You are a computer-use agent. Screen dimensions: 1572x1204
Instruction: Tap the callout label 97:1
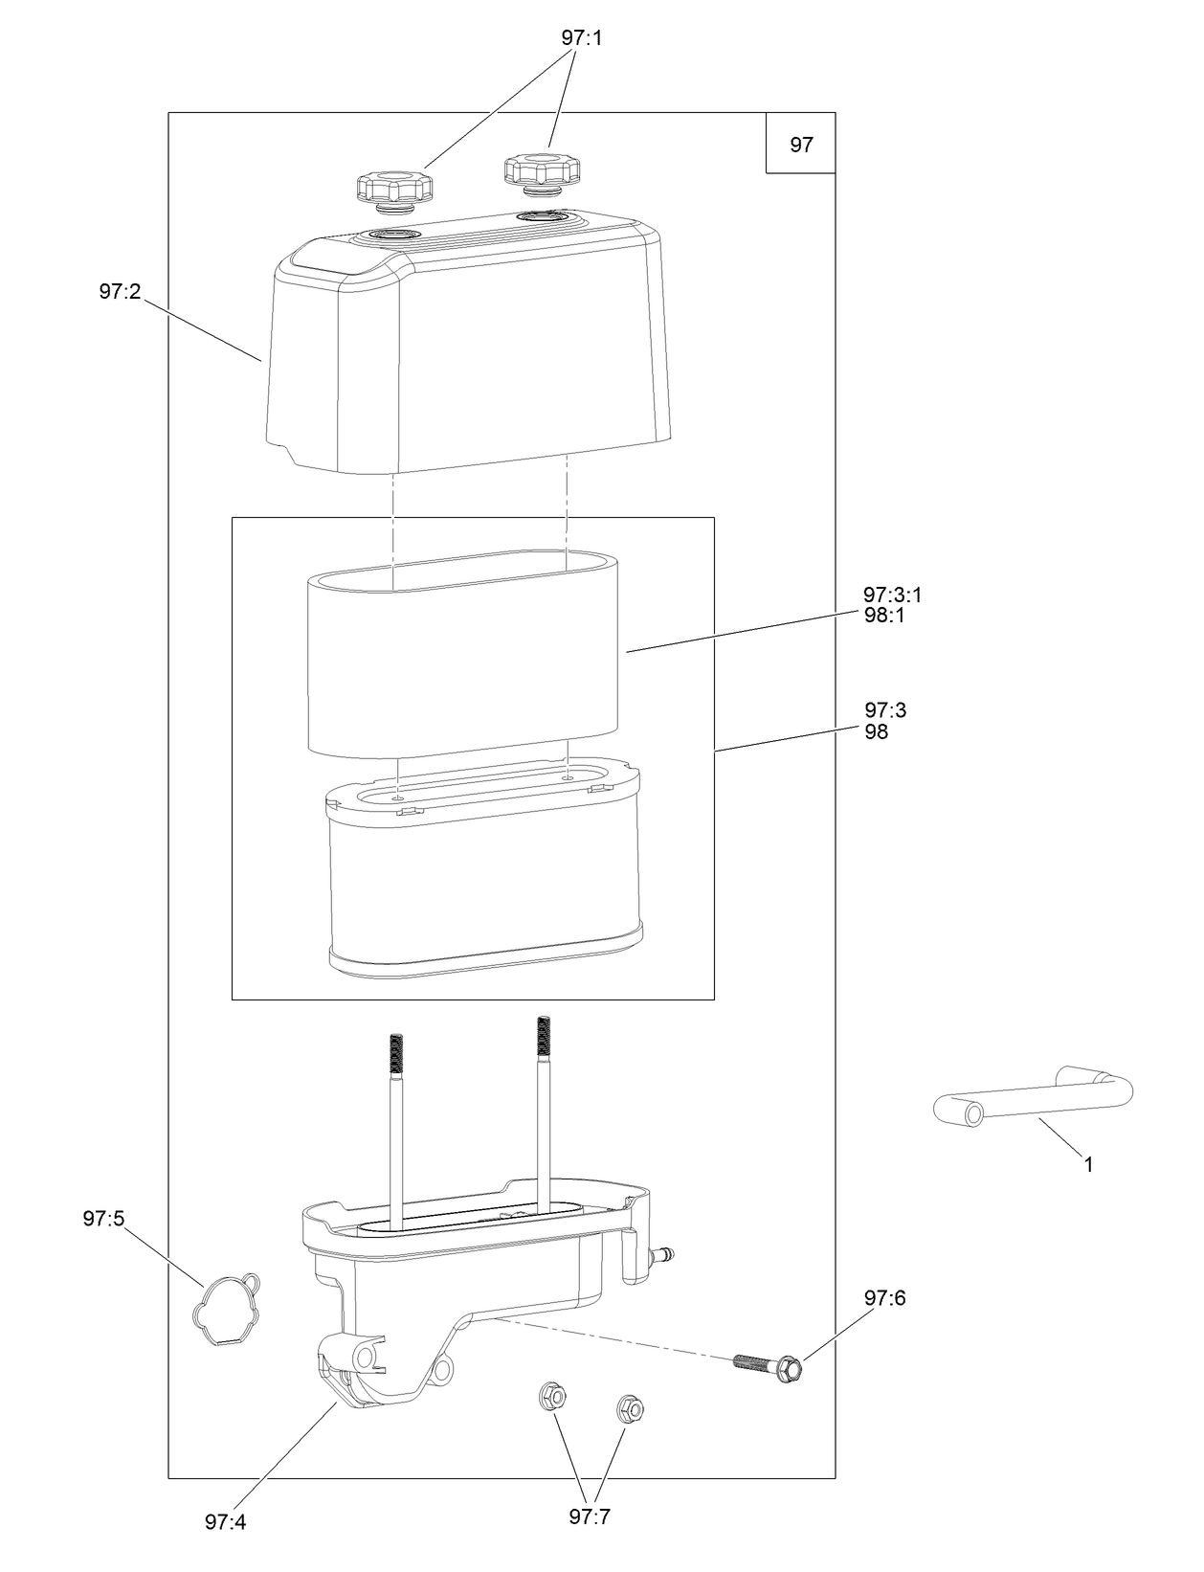[582, 38]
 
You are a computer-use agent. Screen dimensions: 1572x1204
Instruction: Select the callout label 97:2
[120, 292]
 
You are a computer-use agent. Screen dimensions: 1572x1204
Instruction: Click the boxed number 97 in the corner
[801, 145]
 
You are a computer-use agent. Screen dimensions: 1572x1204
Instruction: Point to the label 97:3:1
[892, 595]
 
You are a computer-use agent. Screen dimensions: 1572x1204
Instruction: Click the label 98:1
[884, 616]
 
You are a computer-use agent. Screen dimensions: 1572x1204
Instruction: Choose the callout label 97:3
[885, 710]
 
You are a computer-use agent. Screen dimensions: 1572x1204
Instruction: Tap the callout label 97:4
[225, 1522]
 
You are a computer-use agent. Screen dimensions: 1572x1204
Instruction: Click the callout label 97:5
[103, 1219]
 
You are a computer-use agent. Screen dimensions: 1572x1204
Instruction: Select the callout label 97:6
[884, 1298]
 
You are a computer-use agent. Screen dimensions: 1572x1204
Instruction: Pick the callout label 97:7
[590, 1516]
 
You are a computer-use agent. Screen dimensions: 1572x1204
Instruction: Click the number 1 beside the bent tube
[1088, 1165]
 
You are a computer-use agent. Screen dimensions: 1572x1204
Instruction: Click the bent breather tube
[1034, 1101]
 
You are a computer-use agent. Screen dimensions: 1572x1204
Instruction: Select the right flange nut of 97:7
[628, 1407]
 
